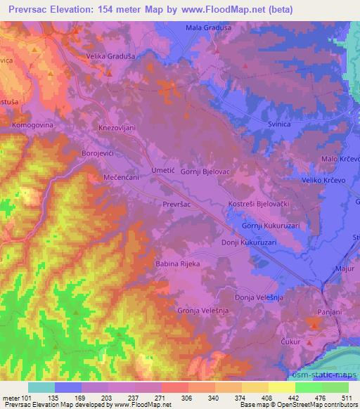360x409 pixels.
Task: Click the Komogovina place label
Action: point(32,124)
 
